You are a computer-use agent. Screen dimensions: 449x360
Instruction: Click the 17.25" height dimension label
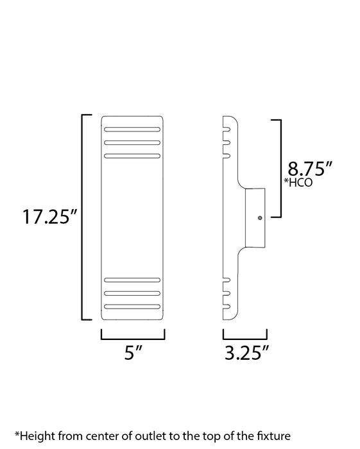pyautogui.click(x=50, y=217)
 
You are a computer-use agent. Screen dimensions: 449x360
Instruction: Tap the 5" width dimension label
pyautogui.click(x=132, y=353)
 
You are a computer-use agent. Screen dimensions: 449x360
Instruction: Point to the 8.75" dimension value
pyautogui.click(x=310, y=169)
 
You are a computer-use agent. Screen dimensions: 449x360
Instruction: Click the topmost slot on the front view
pyautogui.click(x=132, y=130)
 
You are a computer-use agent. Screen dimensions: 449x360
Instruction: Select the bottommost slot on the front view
pyautogui.click(x=132, y=305)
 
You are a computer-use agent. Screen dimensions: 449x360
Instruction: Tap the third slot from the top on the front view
pyautogui.click(x=132, y=155)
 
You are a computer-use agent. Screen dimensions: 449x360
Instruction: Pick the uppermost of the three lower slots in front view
pyautogui.click(x=132, y=280)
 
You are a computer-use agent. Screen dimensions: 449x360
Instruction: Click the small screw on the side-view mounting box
pyautogui.click(x=259, y=217)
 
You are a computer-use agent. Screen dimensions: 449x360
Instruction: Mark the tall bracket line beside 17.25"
pyautogui.click(x=82, y=217)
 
